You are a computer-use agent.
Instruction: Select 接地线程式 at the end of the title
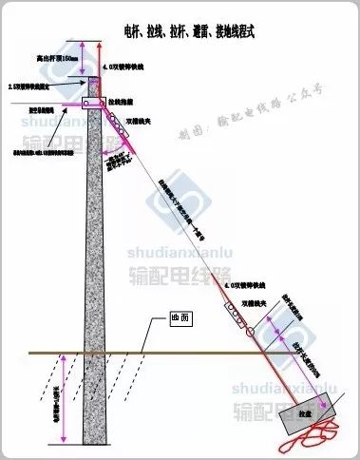[x=268, y=31]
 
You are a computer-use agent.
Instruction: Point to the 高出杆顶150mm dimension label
[x=60, y=59]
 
